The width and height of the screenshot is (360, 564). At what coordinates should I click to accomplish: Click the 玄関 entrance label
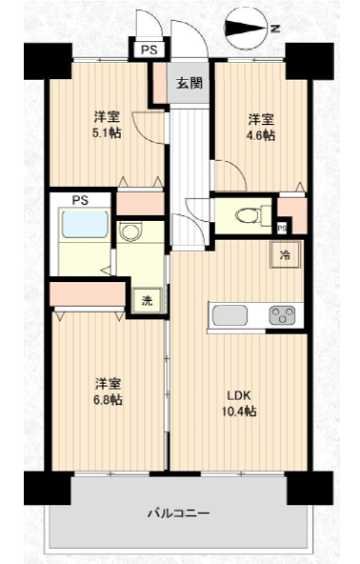[x=190, y=84]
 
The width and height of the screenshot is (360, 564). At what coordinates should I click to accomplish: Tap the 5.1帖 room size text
[x=107, y=133]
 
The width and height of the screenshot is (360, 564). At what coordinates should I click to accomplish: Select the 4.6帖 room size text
[x=261, y=135]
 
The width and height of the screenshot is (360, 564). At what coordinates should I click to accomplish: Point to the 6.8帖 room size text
[x=108, y=399]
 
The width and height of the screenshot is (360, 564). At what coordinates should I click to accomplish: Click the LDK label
[x=238, y=395]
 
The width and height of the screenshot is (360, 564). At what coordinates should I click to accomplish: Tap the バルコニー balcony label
[x=179, y=513]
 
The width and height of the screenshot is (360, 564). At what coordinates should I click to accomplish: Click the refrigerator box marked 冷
[x=285, y=255]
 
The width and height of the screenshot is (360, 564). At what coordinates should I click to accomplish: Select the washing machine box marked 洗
[x=147, y=300]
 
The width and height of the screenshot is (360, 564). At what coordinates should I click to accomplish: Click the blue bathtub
[x=85, y=225]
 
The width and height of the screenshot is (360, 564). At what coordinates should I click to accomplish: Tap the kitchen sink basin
[x=230, y=315]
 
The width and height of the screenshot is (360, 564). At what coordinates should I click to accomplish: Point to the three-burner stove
[x=282, y=315]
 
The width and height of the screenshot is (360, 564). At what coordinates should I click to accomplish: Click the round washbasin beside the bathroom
[x=131, y=232]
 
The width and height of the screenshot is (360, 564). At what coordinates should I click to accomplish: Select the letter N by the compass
[x=275, y=29]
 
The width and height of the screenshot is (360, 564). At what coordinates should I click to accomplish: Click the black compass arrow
[x=247, y=29]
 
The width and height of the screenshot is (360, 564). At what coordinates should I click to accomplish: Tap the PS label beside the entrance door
[x=150, y=50]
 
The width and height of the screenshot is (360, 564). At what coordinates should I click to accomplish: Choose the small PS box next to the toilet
[x=282, y=229]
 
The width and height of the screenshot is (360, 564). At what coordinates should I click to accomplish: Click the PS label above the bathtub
[x=80, y=200]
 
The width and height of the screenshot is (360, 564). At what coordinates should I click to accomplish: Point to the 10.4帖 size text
[x=239, y=411]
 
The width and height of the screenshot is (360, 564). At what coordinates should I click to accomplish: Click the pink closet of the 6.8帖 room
[x=88, y=293]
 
